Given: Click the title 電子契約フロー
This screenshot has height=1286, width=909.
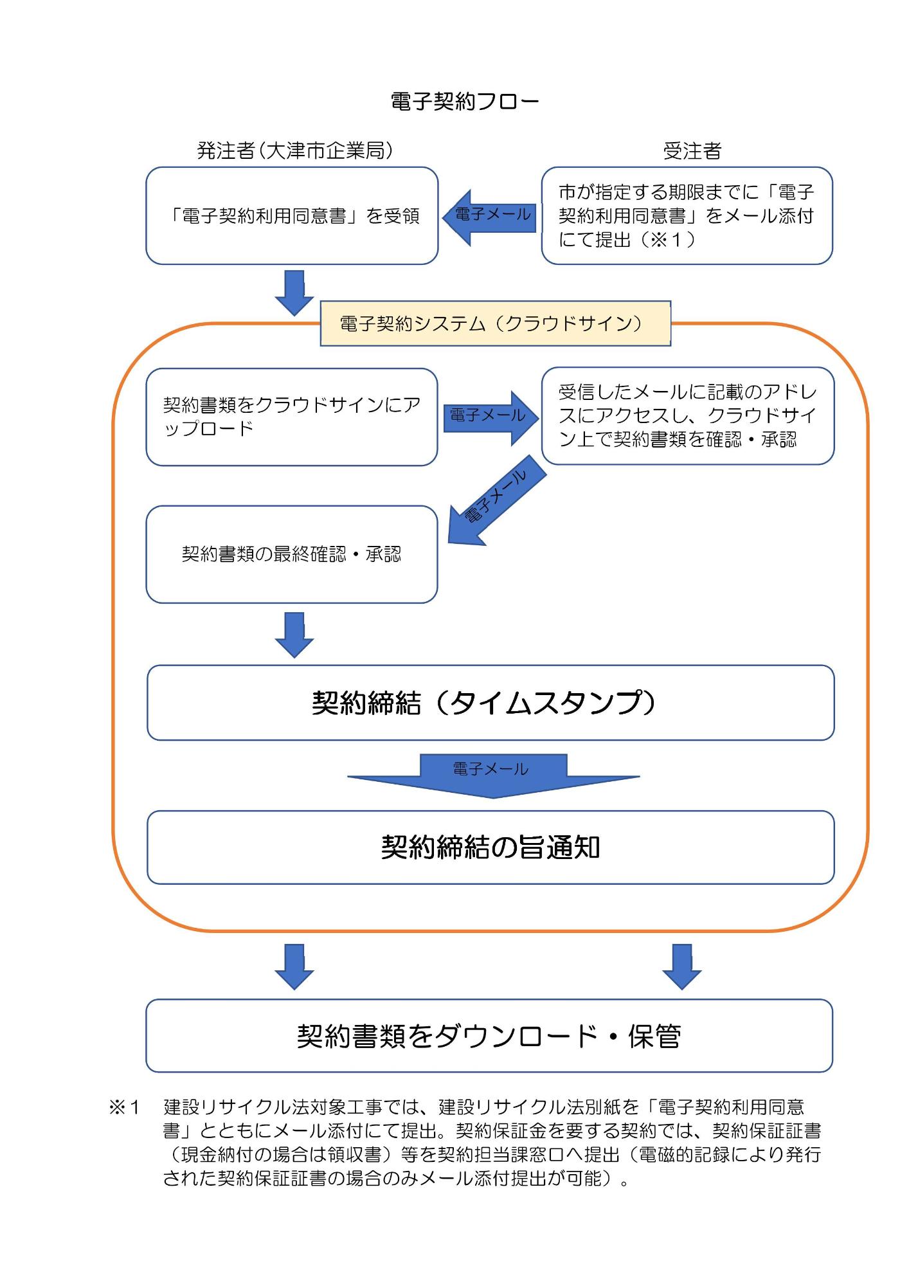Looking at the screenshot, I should tap(465, 102).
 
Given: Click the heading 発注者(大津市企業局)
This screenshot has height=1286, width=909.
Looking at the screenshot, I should tap(294, 150).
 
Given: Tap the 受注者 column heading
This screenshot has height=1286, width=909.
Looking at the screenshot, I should tap(692, 151).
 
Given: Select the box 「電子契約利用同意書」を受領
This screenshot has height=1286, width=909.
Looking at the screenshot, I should tap(292, 216).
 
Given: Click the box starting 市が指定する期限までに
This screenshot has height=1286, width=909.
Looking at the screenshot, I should tap(687, 216).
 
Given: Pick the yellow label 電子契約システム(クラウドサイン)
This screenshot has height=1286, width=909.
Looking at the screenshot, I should tap(495, 323).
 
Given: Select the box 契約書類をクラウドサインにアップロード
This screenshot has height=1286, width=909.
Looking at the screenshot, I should tap(292, 417).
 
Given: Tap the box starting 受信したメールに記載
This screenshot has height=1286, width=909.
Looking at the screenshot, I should tap(687, 416).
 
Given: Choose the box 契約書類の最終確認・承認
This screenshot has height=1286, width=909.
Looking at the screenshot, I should tap(292, 554).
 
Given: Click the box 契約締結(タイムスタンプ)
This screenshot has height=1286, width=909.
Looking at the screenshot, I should tap(490, 703).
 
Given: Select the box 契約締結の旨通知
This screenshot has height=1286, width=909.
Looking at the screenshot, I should tap(490, 847).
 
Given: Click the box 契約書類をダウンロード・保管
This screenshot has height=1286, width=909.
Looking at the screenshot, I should tap(489, 1036).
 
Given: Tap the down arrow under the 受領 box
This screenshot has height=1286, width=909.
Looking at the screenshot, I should tap(294, 293).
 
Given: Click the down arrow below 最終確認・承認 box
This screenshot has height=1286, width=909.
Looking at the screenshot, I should tap(294, 634).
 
